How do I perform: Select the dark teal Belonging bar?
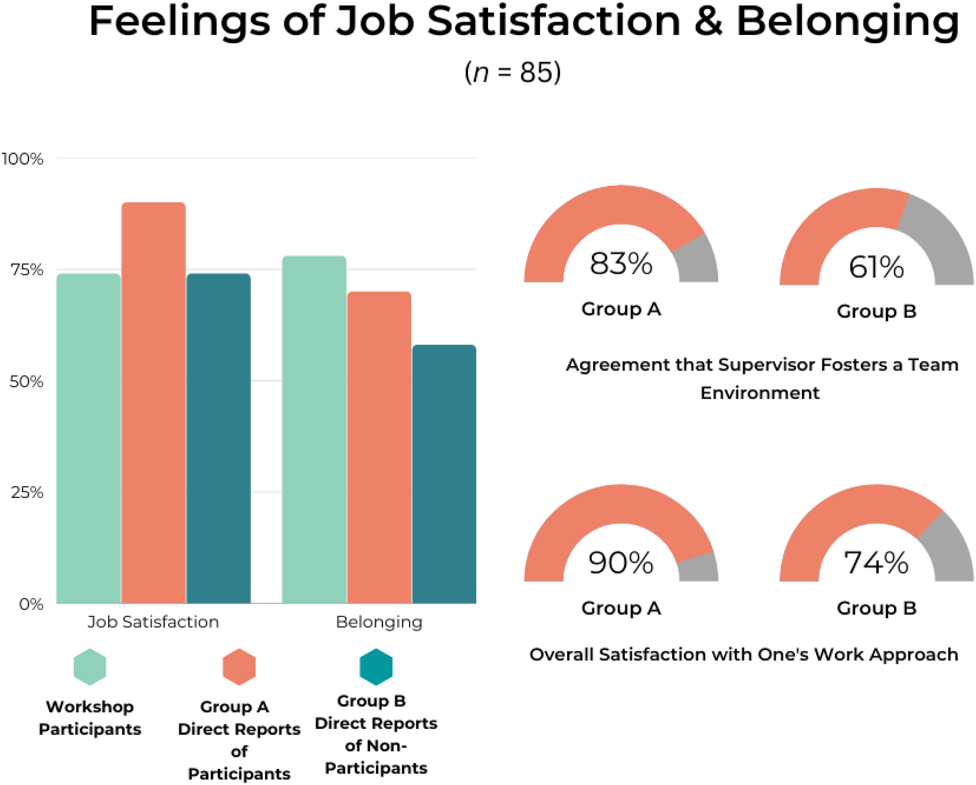(x=444, y=474)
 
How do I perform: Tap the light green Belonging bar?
(x=314, y=430)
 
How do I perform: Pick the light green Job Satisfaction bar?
(x=88, y=438)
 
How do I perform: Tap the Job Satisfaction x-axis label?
(x=153, y=622)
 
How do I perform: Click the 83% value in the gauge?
(x=621, y=264)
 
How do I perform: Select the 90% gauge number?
(x=621, y=563)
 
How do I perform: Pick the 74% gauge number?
(x=877, y=563)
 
